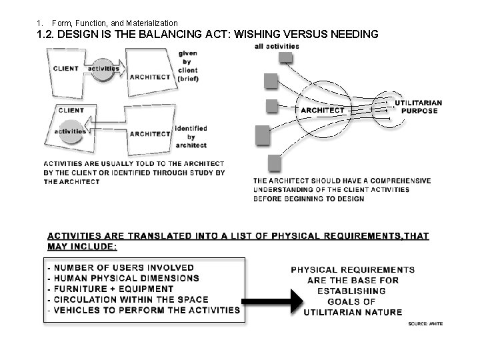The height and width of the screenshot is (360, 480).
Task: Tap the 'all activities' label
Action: pos(277,47)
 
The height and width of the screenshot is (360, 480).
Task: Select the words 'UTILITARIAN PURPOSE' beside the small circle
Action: pos(419,107)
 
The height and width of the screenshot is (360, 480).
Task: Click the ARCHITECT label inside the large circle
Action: pos(323,110)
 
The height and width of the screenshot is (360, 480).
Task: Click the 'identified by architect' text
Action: pos(190,137)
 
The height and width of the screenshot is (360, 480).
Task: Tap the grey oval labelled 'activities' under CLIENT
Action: pos(70,131)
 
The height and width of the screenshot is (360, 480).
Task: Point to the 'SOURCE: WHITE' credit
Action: pos(425,323)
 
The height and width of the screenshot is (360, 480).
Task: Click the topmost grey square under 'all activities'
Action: pos(287,57)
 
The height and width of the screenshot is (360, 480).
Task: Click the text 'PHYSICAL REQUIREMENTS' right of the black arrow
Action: pos(353,270)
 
